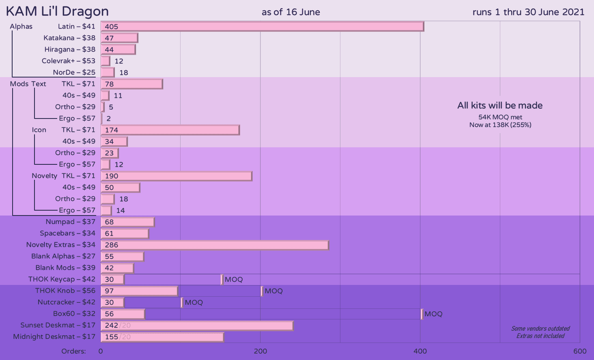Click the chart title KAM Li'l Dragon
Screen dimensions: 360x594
pos(57,11)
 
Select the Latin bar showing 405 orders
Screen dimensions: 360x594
pos(262,26)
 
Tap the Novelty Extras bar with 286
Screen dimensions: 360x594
pos(214,245)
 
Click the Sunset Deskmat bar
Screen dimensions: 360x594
pos(197,326)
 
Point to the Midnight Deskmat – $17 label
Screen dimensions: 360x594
pos(54,337)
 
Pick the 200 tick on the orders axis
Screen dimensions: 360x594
pos(260,351)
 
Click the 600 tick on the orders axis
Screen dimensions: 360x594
pos(580,351)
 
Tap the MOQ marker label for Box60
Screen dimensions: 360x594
pos(433,314)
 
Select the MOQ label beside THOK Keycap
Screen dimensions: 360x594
pos(234,280)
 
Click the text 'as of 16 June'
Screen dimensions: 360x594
pos(291,12)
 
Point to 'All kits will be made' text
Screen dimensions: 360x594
pos(500,106)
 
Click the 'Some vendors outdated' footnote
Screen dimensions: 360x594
pos(540,329)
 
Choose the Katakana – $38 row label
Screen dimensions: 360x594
pos(69,38)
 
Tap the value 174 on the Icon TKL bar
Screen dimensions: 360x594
pos(112,130)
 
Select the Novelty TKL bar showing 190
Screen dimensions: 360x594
pos(176,176)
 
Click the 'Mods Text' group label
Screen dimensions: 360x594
pos(28,84)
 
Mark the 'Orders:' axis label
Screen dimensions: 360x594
pos(73,351)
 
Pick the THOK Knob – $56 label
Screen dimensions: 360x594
pos(65,291)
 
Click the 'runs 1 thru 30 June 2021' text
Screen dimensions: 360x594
pos(528,12)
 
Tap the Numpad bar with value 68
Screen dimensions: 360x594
pos(127,222)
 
